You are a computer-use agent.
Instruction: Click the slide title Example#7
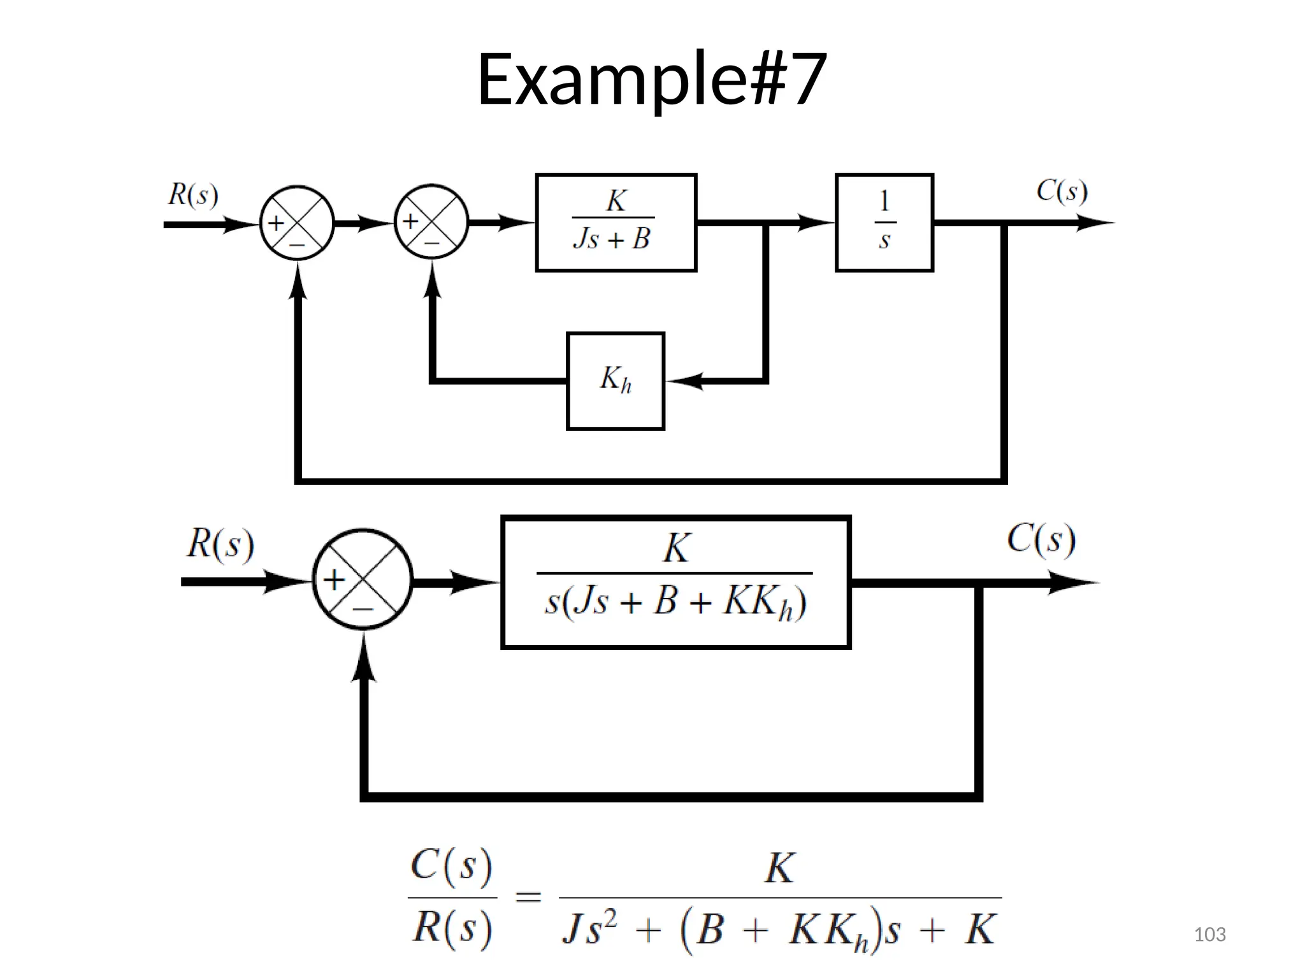pyautogui.click(x=651, y=80)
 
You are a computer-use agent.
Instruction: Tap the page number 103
pyautogui.click(x=1209, y=935)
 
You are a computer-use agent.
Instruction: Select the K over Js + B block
pyautogui.click(x=616, y=222)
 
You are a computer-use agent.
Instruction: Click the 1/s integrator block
pyautogui.click(x=884, y=222)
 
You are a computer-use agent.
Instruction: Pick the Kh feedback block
pyautogui.click(x=615, y=381)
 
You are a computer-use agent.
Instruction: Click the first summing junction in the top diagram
pyautogui.click(x=296, y=223)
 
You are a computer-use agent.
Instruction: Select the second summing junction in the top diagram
pyautogui.click(x=431, y=222)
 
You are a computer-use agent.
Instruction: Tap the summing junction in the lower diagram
pyautogui.click(x=362, y=579)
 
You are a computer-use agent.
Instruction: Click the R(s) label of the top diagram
pyautogui.click(x=193, y=194)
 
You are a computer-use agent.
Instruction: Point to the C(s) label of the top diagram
pyautogui.click(x=1062, y=190)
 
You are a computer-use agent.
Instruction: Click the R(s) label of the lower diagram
pyautogui.click(x=220, y=544)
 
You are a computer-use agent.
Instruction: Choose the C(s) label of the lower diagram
pyautogui.click(x=1041, y=539)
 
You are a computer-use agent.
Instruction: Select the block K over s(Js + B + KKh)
pyautogui.click(x=675, y=582)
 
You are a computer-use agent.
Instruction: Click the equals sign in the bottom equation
pyautogui.click(x=528, y=898)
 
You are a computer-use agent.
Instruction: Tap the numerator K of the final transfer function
pyautogui.click(x=779, y=867)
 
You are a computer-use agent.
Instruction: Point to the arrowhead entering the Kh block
pyautogui.click(x=683, y=381)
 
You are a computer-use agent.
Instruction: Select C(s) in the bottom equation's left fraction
pyautogui.click(x=451, y=866)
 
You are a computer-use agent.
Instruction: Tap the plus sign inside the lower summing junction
pyautogui.click(x=334, y=579)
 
